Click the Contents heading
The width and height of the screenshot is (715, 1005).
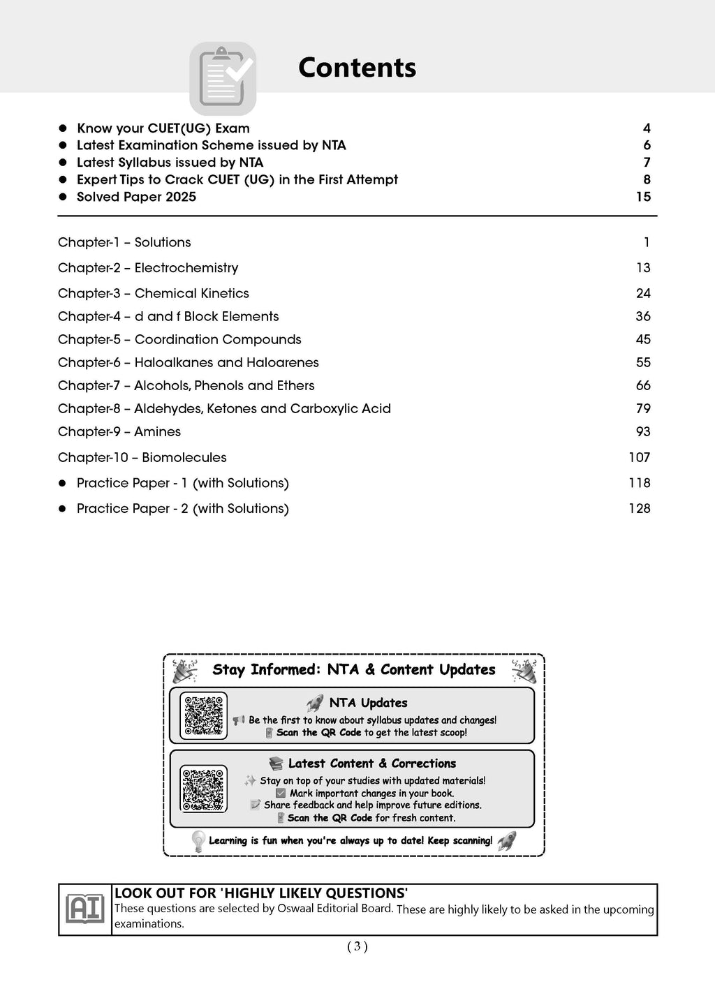(357, 68)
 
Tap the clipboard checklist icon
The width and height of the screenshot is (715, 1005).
(223, 79)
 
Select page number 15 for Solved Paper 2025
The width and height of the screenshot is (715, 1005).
(643, 197)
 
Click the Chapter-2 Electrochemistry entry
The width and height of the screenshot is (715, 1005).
(148, 268)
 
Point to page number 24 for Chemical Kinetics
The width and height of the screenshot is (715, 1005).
(643, 294)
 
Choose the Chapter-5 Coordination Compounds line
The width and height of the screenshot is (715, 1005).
(179, 340)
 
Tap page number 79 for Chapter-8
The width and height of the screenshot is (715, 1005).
(643, 409)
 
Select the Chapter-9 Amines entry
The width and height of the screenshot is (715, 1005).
(119, 432)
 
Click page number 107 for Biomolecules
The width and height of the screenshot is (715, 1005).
(639, 458)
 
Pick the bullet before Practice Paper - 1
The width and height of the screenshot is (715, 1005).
(62, 483)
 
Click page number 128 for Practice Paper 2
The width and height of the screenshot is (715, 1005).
(639, 509)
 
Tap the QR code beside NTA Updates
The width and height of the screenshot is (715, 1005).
(203, 715)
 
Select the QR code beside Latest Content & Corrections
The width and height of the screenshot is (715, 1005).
(203, 789)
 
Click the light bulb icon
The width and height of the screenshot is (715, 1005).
(198, 841)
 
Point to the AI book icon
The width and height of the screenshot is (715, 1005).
(84, 909)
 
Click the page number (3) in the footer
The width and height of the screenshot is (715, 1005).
(357, 947)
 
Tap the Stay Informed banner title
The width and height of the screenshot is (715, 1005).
(354, 670)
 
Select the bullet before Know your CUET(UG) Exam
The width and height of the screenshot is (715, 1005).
(62, 128)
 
